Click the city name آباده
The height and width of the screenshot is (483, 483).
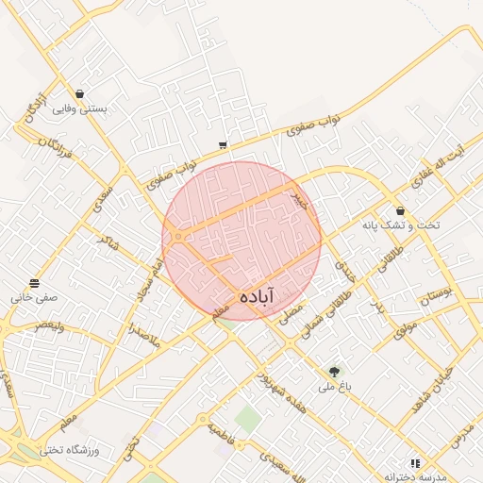pyautogui.click(x=258, y=295)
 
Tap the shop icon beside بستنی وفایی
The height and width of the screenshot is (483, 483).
pyautogui.click(x=79, y=94)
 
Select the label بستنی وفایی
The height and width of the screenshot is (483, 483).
pyautogui.click(x=79, y=108)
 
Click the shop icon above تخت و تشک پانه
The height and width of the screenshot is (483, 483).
pyautogui.click(x=401, y=211)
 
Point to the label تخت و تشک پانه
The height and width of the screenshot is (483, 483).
pyautogui.click(x=402, y=225)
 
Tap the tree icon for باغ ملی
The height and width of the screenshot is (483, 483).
pyautogui.click(x=333, y=372)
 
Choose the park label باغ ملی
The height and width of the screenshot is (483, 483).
pyautogui.click(x=333, y=386)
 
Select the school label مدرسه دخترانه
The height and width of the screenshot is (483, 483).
pyautogui.click(x=414, y=477)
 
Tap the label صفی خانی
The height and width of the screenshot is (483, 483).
pyautogui.click(x=35, y=296)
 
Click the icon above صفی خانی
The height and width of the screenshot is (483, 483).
pyautogui.click(x=35, y=283)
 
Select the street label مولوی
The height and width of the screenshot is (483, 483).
pyautogui.click(x=406, y=328)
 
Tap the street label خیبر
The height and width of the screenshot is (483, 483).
pyautogui.click(x=300, y=199)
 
